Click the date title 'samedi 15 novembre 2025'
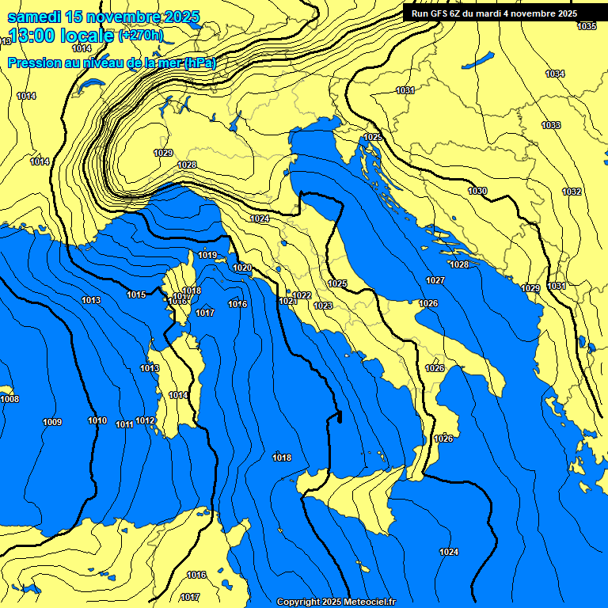[x=104, y=17]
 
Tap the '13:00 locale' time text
[x=61, y=36]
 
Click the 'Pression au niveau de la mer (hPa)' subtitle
[x=112, y=63]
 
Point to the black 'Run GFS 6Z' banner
[x=494, y=13]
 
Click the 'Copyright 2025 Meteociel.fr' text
[x=336, y=602]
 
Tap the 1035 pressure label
[x=587, y=26]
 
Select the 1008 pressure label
[x=9, y=399]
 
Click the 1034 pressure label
[x=555, y=74]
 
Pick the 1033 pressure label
[x=551, y=126]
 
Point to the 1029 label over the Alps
[x=163, y=153]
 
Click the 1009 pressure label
[x=52, y=422]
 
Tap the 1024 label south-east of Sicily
[x=449, y=552]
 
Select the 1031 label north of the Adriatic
[x=405, y=90]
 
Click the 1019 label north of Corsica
[x=207, y=255]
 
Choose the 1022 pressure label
[x=302, y=295]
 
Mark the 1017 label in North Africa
[x=190, y=597]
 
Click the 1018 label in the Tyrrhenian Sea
[x=282, y=458]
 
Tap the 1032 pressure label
[x=572, y=192]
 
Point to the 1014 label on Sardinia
[x=178, y=395]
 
